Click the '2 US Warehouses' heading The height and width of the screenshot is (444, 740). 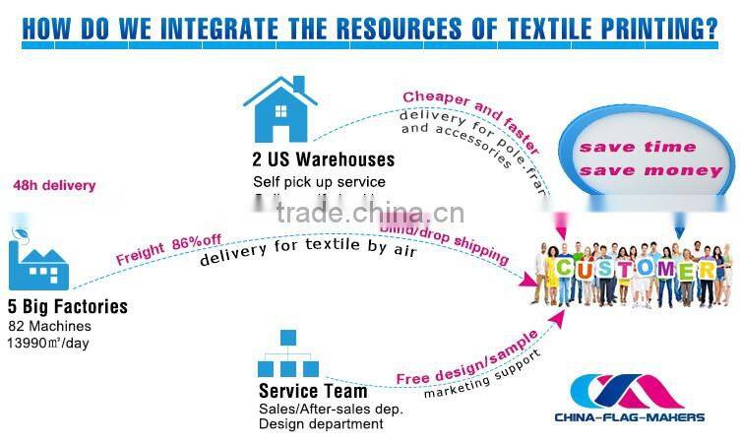(x=323, y=159)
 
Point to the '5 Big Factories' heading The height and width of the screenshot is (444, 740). (x=68, y=307)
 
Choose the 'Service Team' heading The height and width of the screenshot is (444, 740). (x=313, y=391)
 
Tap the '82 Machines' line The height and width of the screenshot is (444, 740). (x=49, y=325)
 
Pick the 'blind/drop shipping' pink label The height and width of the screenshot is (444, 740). (x=445, y=242)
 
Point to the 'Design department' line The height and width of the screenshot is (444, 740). (x=322, y=424)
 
